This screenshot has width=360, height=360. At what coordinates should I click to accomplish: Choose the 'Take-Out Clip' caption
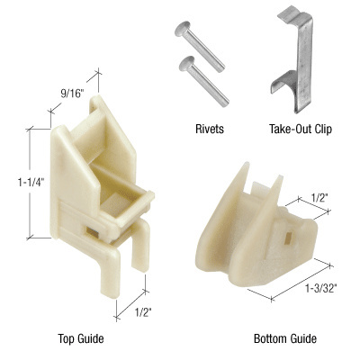point(301,129)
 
